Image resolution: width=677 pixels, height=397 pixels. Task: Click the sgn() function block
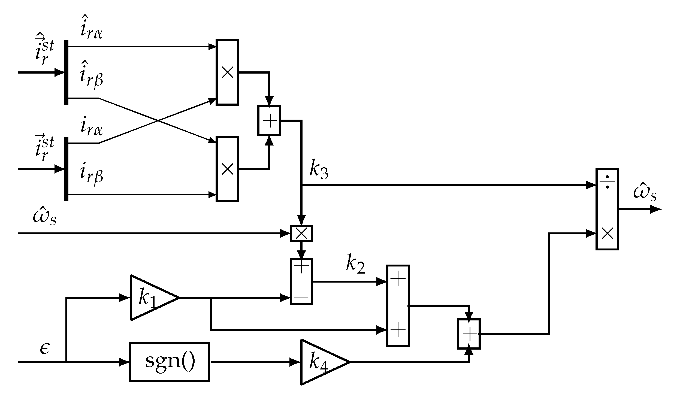pos(169,362)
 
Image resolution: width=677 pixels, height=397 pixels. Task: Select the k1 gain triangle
pos(150,298)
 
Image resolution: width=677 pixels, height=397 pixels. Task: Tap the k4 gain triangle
pos(320,362)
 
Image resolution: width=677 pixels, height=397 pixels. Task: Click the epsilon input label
pos(45,348)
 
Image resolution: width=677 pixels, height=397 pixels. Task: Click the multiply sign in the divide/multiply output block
pos(607,234)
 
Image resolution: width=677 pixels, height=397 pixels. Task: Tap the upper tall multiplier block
pos(227,72)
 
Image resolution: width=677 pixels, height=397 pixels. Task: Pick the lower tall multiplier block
pos(227,169)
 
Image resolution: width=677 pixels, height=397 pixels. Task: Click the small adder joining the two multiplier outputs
pos(269,121)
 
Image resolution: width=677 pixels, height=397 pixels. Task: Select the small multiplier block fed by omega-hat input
pos(301,234)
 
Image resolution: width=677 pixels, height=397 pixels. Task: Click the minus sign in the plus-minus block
pos(301,298)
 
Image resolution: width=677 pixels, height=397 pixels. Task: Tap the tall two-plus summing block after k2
pos(398,306)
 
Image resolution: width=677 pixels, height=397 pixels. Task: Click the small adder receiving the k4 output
pos(469,334)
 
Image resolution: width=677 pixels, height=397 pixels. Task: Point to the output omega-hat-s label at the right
pos(645,193)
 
